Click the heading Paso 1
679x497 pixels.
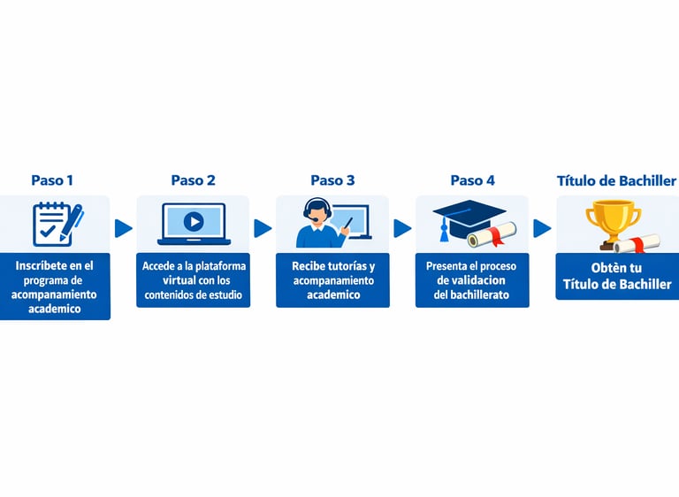(x=52, y=180)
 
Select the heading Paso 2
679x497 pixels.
(x=193, y=180)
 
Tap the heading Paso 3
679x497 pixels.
(x=332, y=180)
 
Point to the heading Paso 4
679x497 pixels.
(x=472, y=180)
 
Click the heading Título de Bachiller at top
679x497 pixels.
(x=616, y=180)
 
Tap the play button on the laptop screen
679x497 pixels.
(x=194, y=222)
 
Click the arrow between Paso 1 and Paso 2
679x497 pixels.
(x=124, y=228)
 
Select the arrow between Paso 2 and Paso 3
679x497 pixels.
(x=263, y=228)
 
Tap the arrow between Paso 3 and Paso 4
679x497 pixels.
(x=402, y=228)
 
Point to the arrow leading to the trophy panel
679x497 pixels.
(x=542, y=228)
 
